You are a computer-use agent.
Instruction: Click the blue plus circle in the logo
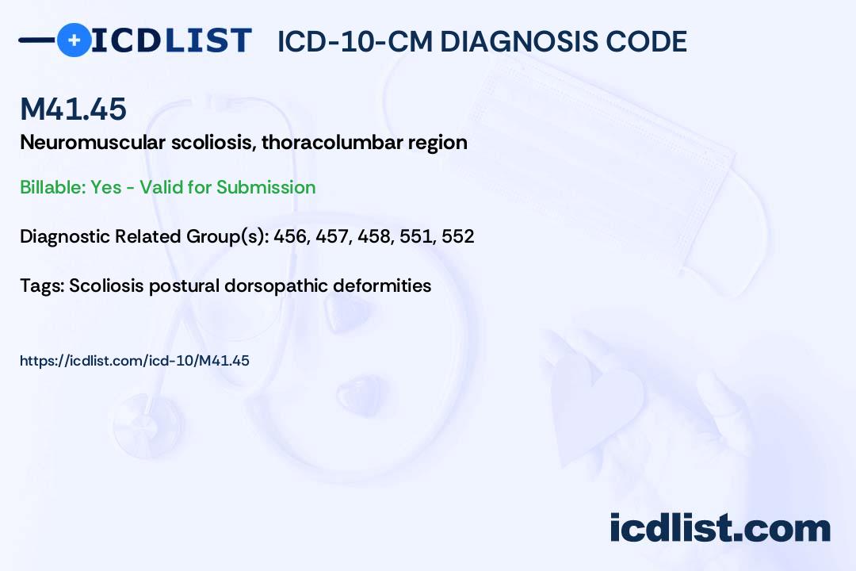pos(74,40)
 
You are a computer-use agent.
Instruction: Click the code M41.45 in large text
pos(73,108)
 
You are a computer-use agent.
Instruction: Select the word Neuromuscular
pos(93,142)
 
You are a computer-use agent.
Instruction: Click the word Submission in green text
pos(266,187)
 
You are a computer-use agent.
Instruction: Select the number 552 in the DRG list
pos(457,236)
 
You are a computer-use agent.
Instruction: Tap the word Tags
pos(42,285)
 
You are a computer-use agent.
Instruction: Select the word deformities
pos(382,285)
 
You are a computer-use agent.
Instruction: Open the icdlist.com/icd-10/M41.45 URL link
pos(134,361)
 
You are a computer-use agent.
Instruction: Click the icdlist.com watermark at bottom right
pos(720,527)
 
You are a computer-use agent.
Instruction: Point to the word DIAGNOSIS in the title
pos(512,41)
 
